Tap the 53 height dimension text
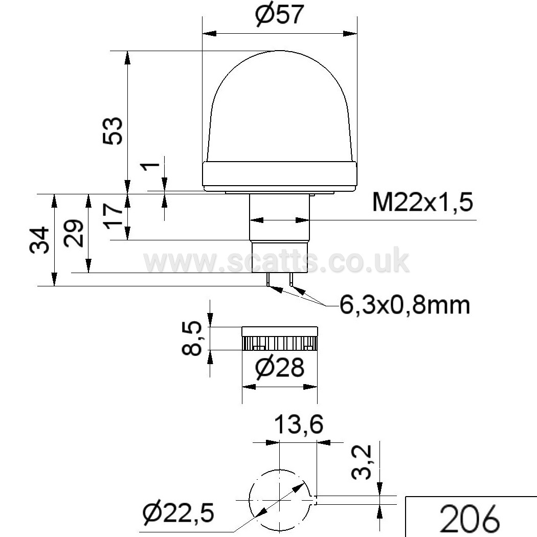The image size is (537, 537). coord(113,130)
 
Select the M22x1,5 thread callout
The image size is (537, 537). coord(422,202)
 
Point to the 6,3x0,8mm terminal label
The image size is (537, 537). coord(405,305)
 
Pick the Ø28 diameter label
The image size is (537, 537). coord(280,368)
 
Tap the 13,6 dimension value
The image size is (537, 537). coord(299,424)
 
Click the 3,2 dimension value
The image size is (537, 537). coord(362,461)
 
